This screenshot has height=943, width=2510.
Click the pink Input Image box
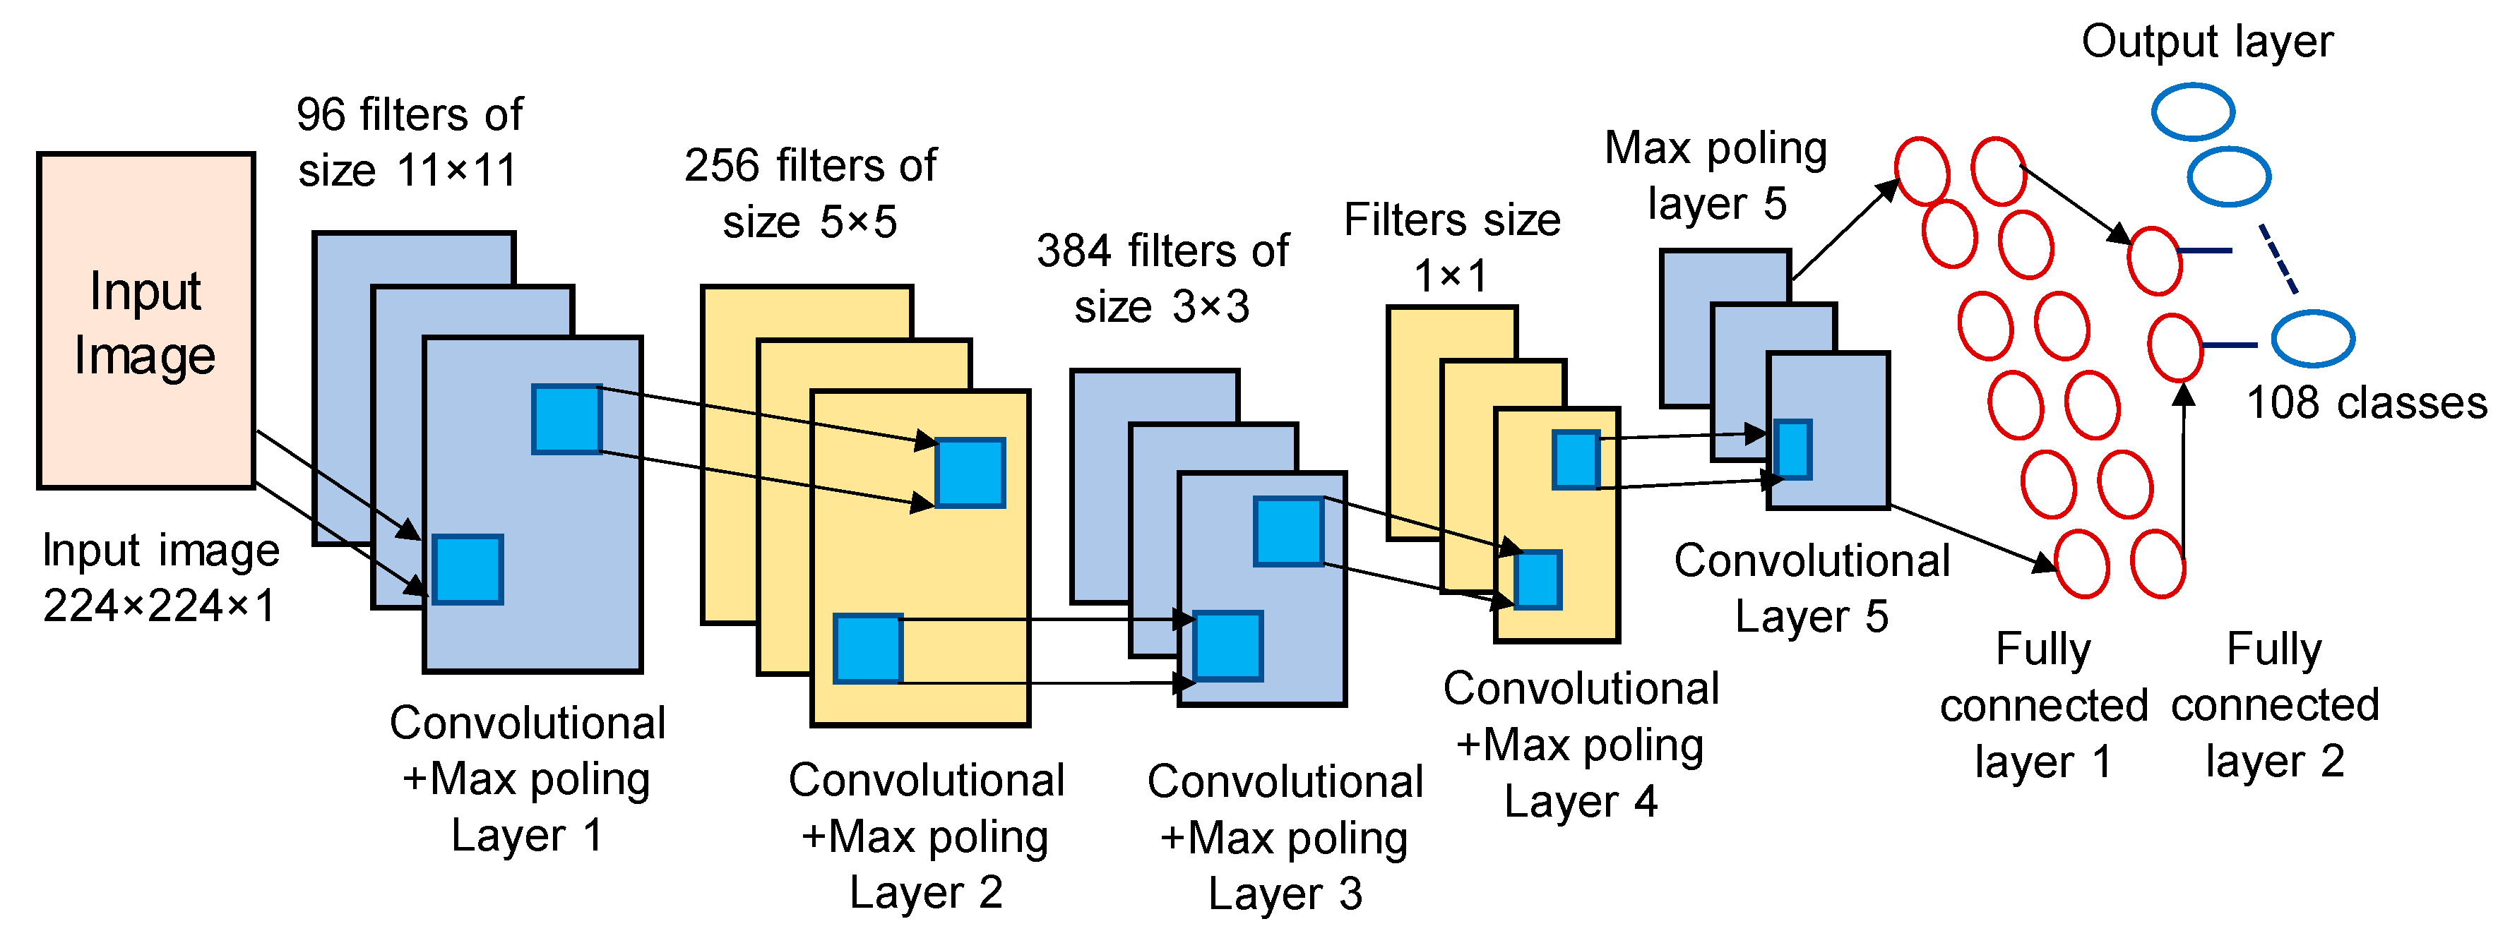tap(146, 321)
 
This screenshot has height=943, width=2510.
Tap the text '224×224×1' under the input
tap(159, 606)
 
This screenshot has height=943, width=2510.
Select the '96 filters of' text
tap(409, 115)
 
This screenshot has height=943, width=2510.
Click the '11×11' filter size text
tap(458, 172)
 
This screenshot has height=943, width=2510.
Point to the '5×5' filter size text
tap(857, 222)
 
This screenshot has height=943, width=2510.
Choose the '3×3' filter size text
tap(1211, 308)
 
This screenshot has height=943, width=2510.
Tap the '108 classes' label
tap(2367, 403)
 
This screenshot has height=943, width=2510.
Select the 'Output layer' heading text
tap(2207, 42)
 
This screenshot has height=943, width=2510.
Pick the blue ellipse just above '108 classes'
tap(2313, 339)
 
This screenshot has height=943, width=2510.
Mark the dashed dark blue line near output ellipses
tap(2279, 259)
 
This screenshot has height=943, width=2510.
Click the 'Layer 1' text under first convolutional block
tap(527, 836)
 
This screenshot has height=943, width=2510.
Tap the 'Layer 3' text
tap(1285, 894)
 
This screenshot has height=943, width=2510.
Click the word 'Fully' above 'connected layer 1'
tap(2043, 650)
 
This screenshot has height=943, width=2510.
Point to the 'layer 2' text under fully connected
tap(2276, 762)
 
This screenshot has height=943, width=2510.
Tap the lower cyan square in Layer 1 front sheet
tap(468, 570)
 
